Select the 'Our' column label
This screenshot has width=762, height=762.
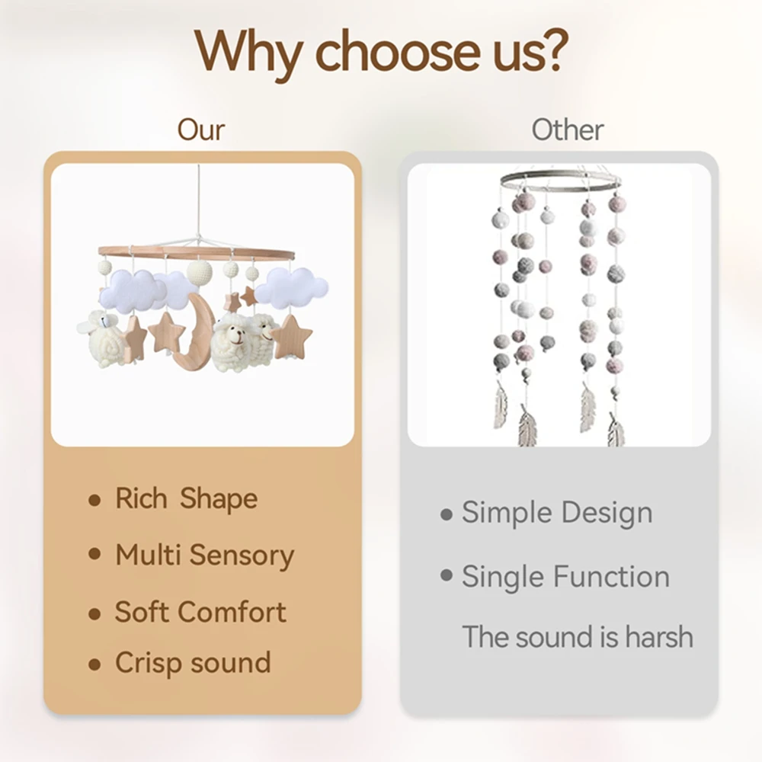pyautogui.click(x=200, y=130)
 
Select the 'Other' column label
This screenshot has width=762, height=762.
pyautogui.click(x=567, y=130)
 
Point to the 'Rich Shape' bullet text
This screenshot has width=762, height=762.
pyautogui.click(x=186, y=498)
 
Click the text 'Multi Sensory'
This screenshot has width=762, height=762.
pyautogui.click(x=204, y=555)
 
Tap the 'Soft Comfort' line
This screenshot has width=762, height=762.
pyautogui.click(x=200, y=611)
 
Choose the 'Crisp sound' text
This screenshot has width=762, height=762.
pyautogui.click(x=193, y=663)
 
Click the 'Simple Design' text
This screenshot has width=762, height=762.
pyautogui.click(x=557, y=513)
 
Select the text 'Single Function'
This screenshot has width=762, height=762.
pyautogui.click(x=565, y=577)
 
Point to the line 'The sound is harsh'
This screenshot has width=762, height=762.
pyautogui.click(x=578, y=636)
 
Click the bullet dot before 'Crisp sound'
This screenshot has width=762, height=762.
pyautogui.click(x=94, y=664)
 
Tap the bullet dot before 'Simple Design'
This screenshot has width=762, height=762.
pyautogui.click(x=446, y=514)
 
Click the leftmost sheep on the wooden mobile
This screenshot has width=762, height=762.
pyautogui.click(x=104, y=338)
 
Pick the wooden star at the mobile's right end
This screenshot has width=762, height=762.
pyautogui.click(x=291, y=336)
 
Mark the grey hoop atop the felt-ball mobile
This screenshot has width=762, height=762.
pyautogui.click(x=560, y=181)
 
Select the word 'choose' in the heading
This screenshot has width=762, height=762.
pyautogui.click(x=398, y=50)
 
